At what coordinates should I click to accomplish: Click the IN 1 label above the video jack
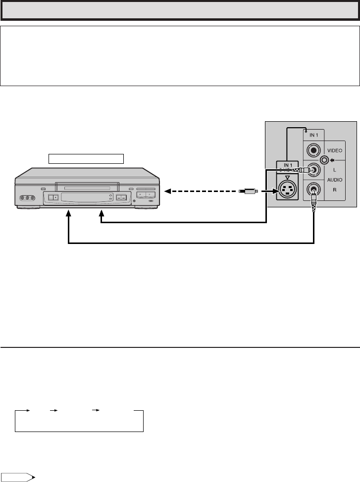pos(314,135)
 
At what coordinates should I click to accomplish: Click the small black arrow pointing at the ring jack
pos(333,160)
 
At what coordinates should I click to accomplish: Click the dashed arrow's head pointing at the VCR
pos(168,191)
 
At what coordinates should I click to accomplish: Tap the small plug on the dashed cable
pos(246,191)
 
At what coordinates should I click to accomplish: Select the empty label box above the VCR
pos(85,158)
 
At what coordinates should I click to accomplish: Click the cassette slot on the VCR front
pos(87,188)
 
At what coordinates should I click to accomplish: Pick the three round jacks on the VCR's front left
pos(27,199)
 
